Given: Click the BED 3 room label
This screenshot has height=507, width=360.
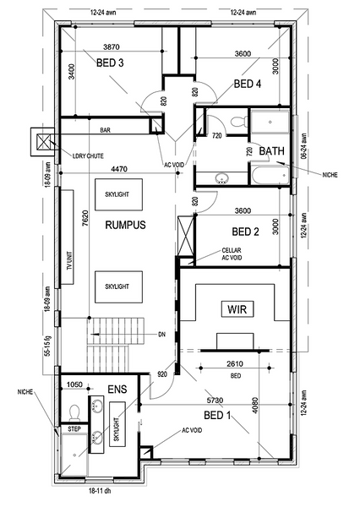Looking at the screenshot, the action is coord(110,63).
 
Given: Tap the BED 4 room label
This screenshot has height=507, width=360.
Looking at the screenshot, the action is coord(248,84).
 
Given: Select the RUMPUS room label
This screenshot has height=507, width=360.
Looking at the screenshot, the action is coord(126,225).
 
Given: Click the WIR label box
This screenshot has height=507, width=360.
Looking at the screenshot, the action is coord(237,309).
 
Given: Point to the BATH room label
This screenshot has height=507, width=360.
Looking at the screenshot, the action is coord(272,151).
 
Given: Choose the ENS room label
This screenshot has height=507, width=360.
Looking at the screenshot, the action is coord(117,390).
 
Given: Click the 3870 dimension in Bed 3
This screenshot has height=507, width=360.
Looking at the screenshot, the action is coord(112,47).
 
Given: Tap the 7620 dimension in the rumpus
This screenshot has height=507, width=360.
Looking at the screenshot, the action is coord(85,219).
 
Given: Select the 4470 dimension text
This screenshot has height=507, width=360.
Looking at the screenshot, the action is coord(119,169).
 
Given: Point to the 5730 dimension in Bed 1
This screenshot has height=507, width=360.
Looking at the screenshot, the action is coord(215,401).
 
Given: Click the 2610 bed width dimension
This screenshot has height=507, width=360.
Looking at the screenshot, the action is coord(235,364).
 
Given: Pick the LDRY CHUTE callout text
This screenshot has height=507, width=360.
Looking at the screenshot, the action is coord(88,156).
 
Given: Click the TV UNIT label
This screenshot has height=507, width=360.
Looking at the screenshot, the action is coord(69,261).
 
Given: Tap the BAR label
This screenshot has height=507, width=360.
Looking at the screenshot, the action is coord(105,130).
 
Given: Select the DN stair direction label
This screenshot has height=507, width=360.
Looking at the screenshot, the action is coord(161,335).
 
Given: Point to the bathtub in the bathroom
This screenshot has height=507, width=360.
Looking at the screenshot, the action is coord(270,175).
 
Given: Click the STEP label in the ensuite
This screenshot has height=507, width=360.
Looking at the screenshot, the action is coord(74,429).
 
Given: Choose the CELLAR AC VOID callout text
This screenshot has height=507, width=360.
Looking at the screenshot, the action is coord(232,254).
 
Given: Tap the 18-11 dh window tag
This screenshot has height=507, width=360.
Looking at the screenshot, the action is coord(100,491).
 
